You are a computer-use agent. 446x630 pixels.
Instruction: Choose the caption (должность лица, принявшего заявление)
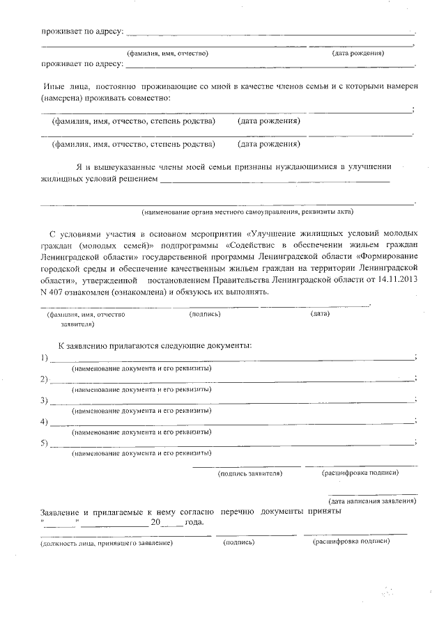coord(107,542)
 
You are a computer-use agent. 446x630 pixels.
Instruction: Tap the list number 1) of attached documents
coord(45,358)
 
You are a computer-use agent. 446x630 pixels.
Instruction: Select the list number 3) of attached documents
coord(45,400)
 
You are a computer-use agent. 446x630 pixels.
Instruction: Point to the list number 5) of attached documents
coord(45,443)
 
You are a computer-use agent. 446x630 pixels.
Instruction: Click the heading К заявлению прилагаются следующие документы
coord(155,345)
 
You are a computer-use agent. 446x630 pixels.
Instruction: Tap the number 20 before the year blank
coord(156,523)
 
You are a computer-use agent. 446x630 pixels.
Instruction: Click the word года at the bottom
coord(194,523)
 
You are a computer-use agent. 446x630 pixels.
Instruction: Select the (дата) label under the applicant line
coord(320,314)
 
